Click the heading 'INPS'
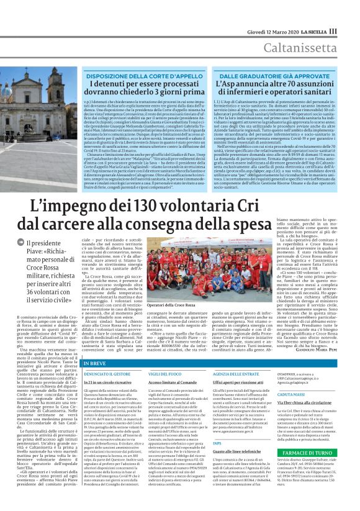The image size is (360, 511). [x=217, y=443]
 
